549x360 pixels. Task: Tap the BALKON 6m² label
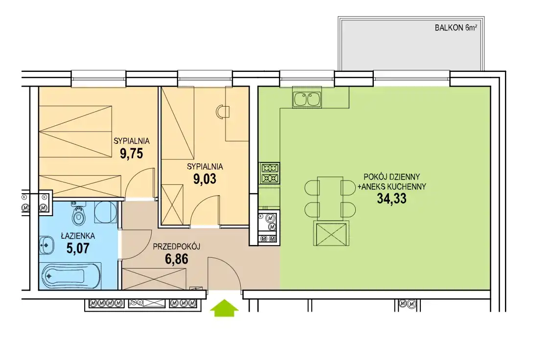pyautogui.click(x=456, y=28)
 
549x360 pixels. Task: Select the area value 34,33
pyautogui.click(x=392, y=199)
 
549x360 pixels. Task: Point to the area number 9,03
pyautogui.click(x=205, y=179)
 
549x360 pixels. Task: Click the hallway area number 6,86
pyautogui.click(x=177, y=259)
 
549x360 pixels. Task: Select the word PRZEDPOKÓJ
pyautogui.click(x=177, y=247)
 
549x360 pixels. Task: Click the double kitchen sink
pyautogui.click(x=307, y=99)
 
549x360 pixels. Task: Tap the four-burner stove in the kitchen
pyautogui.click(x=269, y=173)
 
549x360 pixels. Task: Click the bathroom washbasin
pyautogui.click(x=46, y=245)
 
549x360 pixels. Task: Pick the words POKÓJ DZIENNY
pyautogui.click(x=392, y=177)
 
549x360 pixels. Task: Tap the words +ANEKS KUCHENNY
pyautogui.click(x=392, y=187)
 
